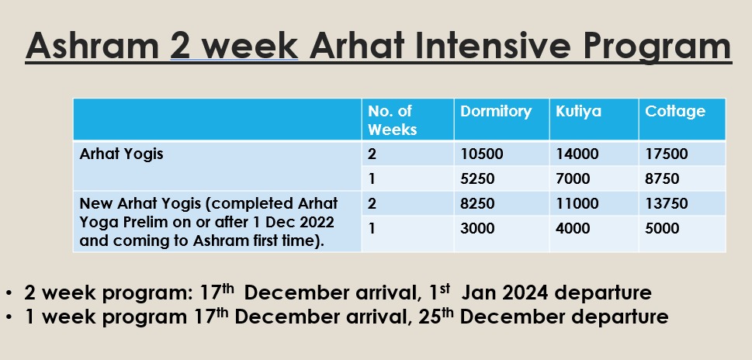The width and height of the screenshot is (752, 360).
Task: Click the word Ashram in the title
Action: coord(92,46)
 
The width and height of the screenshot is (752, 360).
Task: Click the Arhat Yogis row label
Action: coord(121,154)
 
